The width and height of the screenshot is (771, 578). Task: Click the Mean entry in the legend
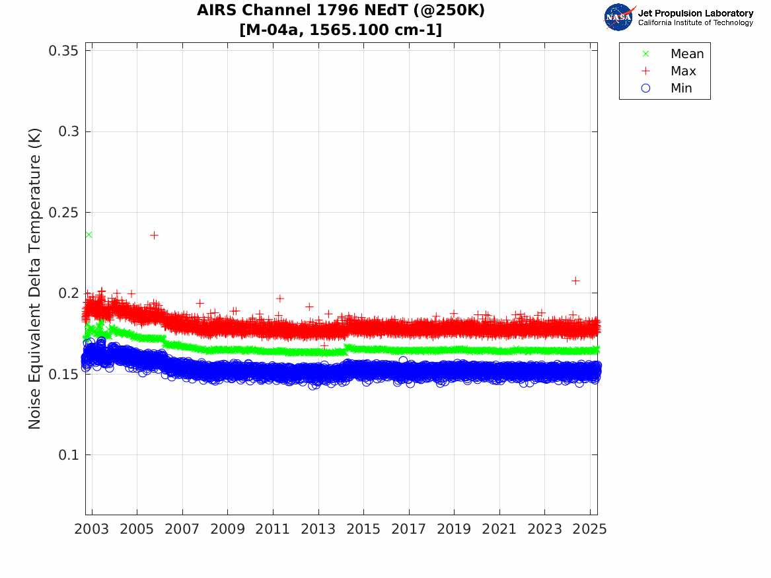click(x=686, y=54)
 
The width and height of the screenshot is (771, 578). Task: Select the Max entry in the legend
click(x=682, y=71)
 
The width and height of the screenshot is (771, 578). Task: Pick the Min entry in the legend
click(x=681, y=88)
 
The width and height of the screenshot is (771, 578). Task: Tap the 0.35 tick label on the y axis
click(x=65, y=50)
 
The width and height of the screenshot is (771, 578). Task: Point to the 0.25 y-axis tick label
click(x=65, y=212)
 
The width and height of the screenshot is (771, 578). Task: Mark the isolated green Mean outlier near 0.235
click(x=89, y=235)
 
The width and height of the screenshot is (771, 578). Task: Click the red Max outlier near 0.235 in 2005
click(x=154, y=235)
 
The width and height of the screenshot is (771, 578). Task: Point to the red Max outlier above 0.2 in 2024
click(x=575, y=281)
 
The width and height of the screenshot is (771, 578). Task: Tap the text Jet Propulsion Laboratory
click(x=695, y=13)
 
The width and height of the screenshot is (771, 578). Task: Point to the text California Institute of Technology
click(x=695, y=22)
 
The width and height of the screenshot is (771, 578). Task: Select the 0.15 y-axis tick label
click(x=65, y=374)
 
